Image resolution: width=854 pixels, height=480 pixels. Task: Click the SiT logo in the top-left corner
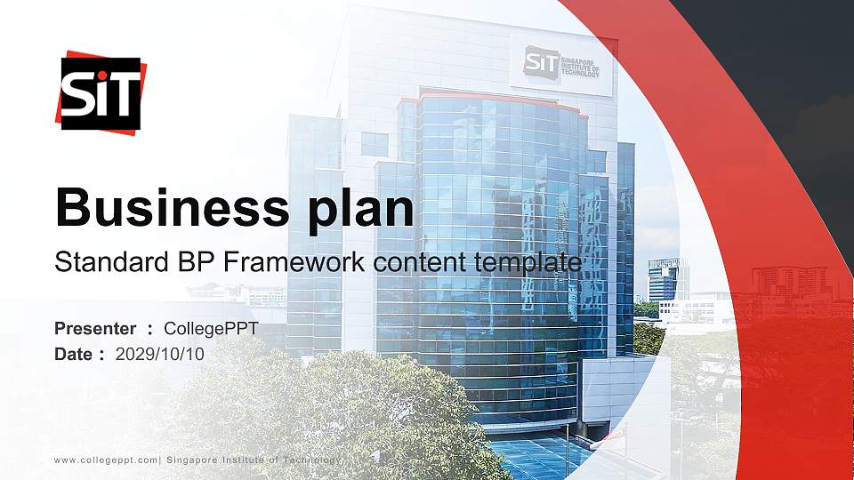(x=101, y=92)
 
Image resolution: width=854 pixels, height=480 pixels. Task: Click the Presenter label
(x=95, y=329)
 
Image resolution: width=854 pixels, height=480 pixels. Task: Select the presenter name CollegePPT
(x=212, y=329)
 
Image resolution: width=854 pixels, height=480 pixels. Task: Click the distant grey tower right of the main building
(x=667, y=280)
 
